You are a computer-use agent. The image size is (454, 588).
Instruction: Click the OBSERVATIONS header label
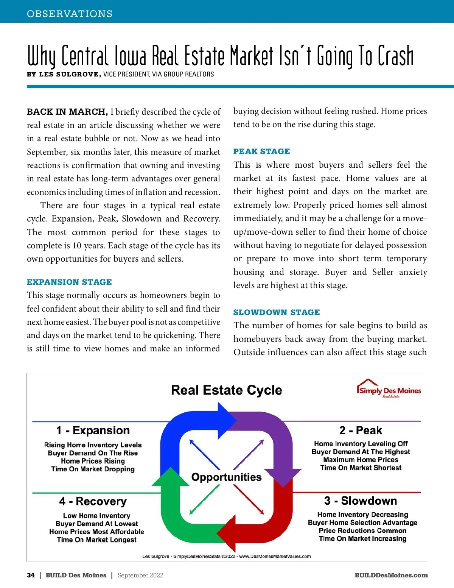70,14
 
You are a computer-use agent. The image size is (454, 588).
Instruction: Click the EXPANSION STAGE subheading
69,282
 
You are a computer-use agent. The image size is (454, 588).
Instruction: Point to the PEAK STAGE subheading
261,151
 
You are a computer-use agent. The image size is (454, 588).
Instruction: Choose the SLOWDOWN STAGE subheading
277,312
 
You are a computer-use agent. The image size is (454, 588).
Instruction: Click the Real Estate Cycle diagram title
226,390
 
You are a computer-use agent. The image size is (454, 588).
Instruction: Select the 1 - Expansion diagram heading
93,430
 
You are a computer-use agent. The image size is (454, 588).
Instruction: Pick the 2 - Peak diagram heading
361,430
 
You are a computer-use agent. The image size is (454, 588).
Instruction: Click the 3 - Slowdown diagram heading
361,501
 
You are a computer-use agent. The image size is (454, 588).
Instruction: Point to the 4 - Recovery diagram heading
93,501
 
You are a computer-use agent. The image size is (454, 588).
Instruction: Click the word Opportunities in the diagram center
226,477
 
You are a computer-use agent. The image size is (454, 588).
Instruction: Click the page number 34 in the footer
31,575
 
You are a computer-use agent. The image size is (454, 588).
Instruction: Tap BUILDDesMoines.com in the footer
391,575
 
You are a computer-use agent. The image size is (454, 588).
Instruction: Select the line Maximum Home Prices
361,460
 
